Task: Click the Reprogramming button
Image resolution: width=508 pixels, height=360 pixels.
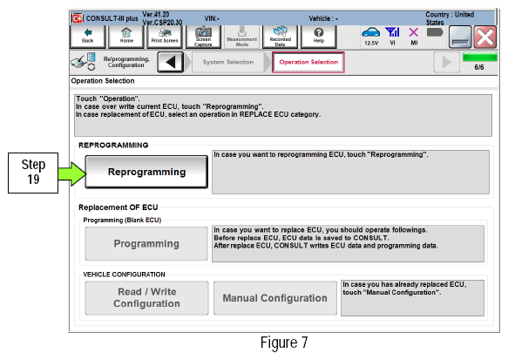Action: coord(146,172)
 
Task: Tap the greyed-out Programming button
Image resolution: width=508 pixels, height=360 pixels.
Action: coord(146,244)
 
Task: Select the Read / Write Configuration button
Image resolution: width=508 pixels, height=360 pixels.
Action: coord(146,298)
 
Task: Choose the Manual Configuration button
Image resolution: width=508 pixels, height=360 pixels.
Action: coord(275,298)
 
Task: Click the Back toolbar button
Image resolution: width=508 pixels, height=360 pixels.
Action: coord(87,37)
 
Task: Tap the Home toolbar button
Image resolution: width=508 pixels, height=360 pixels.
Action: coord(126,37)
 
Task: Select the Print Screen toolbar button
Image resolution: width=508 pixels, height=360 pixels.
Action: coord(165,37)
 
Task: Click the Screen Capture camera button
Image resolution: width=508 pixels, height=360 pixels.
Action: coord(203,37)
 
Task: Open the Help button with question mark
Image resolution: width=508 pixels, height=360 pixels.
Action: coord(319,37)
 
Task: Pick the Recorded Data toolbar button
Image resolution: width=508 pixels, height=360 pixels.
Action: coord(281,37)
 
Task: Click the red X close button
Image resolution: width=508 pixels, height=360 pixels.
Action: coord(485,37)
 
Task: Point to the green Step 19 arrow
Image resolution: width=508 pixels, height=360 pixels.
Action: coord(72,174)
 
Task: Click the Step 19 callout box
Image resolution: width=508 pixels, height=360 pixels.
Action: coord(33,173)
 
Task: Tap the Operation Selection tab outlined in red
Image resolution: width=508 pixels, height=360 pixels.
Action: coord(308,62)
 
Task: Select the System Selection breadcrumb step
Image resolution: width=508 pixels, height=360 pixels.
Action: coord(228,62)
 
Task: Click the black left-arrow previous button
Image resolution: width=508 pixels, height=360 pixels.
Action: coord(171,62)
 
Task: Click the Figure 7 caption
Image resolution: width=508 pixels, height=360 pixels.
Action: coord(284,343)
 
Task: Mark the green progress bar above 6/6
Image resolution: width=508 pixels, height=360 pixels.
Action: coord(480,58)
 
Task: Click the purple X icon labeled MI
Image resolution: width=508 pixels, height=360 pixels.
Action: coord(414,32)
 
